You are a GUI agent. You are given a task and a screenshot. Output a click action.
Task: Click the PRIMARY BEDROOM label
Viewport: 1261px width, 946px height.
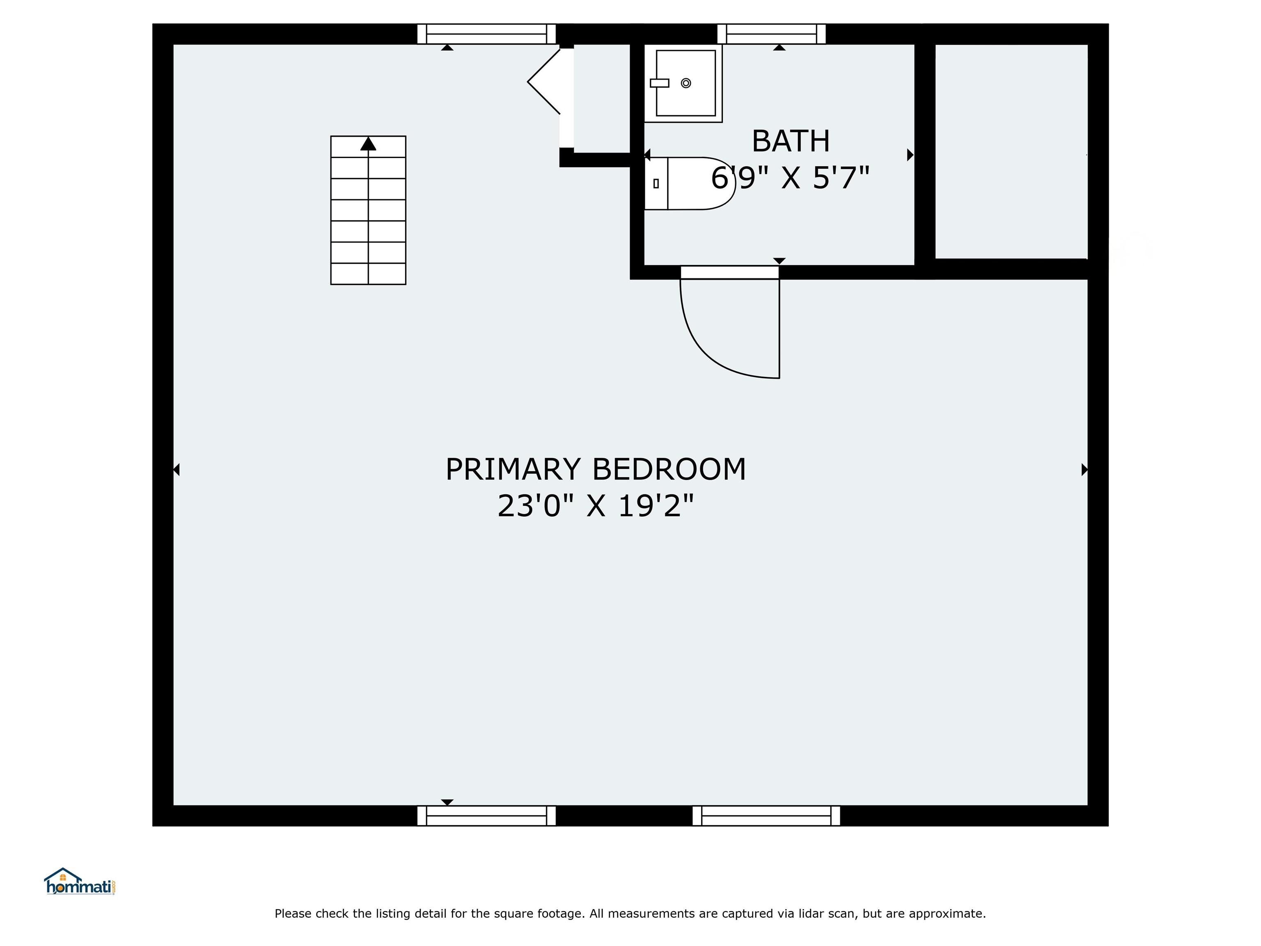(x=595, y=469)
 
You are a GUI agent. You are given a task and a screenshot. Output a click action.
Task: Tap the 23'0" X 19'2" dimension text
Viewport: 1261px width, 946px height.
(x=595, y=506)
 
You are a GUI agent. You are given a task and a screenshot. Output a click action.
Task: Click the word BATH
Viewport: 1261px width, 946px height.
(x=790, y=141)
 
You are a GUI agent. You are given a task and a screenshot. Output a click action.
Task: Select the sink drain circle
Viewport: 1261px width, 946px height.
(x=686, y=83)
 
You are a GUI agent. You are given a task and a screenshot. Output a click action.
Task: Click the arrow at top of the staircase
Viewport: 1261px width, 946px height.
(x=368, y=144)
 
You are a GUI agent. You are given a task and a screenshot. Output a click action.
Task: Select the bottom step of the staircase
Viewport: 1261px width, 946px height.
(x=368, y=274)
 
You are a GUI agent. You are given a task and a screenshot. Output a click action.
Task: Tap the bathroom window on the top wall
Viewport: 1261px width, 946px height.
(x=771, y=34)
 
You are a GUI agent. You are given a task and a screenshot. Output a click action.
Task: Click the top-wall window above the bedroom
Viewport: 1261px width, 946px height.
(x=486, y=34)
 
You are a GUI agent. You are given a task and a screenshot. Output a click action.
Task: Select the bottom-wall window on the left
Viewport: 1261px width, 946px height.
(x=486, y=815)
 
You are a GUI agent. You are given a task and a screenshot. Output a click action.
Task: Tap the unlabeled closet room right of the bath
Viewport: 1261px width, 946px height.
(x=1011, y=151)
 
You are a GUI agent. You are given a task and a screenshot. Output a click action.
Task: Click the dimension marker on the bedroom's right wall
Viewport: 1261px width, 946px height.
(x=1084, y=469)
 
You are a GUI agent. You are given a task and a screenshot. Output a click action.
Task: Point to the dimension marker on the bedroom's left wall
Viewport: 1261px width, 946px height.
(x=177, y=469)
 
